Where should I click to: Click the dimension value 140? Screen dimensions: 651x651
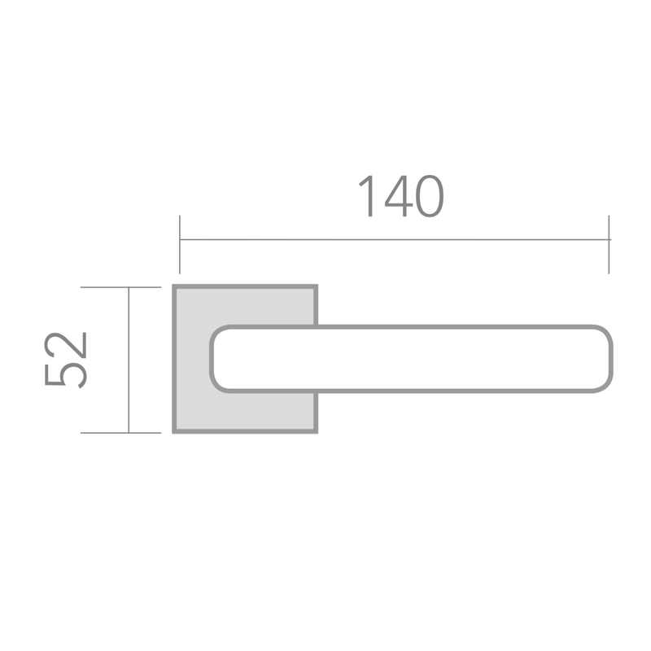(401, 196)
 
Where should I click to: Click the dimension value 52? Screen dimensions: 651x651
(66, 360)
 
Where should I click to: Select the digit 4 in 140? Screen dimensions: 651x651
(399, 196)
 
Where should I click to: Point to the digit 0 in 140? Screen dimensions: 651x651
(430, 196)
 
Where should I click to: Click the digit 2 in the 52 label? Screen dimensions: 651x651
(66, 344)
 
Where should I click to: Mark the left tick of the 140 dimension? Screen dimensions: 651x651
(180, 245)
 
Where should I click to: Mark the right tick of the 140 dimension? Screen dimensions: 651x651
(609, 245)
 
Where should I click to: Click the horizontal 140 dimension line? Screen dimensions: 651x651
(395, 239)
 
